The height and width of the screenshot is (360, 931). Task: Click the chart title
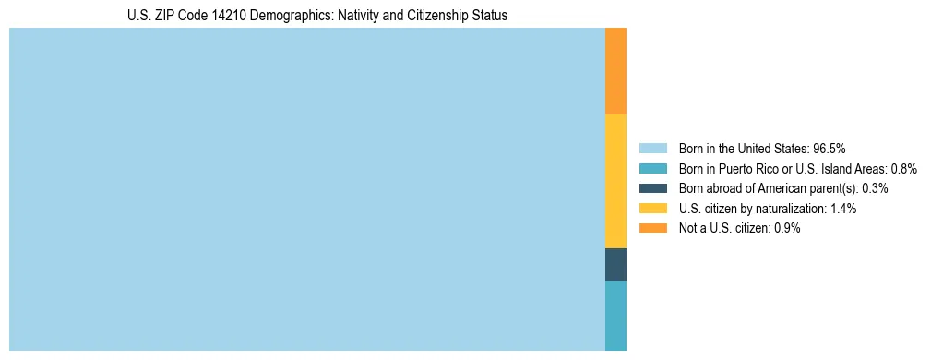(317, 16)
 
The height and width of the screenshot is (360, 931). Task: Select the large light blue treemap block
(306, 189)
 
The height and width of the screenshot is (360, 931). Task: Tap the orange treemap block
(615, 71)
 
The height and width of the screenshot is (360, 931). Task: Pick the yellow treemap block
(615, 181)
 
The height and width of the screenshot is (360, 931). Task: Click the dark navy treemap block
(615, 264)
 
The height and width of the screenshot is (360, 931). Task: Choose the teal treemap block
(615, 315)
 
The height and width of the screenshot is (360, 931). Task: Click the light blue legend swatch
(652, 148)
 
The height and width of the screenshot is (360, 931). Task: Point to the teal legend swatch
(652, 168)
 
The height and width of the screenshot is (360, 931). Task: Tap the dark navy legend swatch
(652, 188)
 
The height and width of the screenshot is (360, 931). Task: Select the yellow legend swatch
(652, 209)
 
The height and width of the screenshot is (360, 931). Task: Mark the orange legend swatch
(652, 228)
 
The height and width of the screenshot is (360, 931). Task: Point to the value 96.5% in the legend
(830, 148)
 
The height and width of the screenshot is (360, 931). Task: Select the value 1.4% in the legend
(842, 209)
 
